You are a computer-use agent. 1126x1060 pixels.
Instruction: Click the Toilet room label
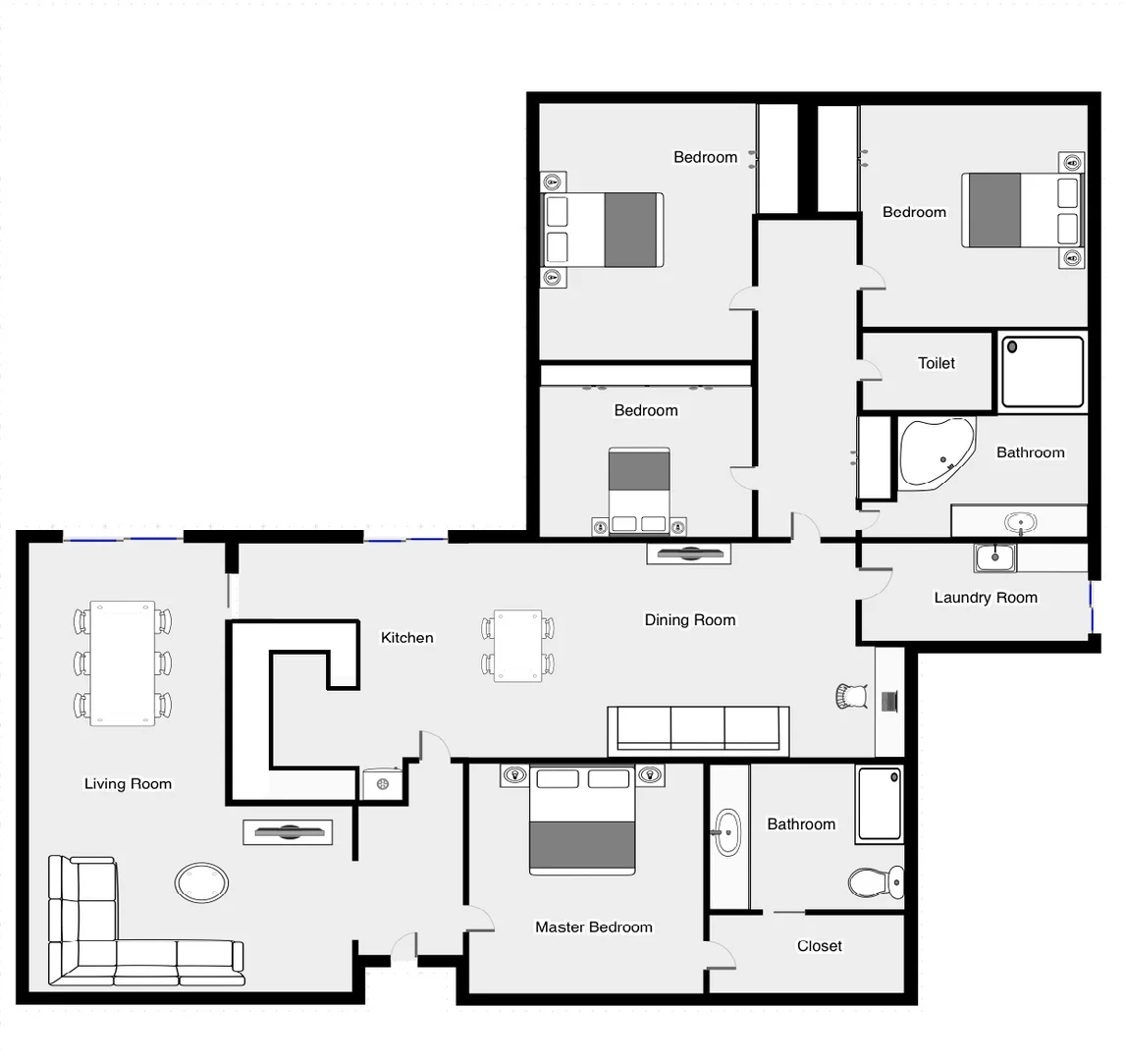[936, 363]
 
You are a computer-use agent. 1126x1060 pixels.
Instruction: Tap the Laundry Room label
[985, 598]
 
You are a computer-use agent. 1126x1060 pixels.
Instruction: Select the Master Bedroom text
[593, 927]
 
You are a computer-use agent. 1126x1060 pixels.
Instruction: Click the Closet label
[819, 946]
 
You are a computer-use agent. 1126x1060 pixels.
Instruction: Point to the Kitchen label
[406, 638]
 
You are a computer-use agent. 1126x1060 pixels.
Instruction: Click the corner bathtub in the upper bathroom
[935, 454]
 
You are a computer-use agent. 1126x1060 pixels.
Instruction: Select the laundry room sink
[994, 557]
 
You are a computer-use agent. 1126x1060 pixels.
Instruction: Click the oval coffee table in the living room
[202, 882]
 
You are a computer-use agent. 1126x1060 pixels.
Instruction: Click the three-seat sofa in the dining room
[698, 731]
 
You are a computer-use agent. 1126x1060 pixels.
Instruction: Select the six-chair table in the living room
[123, 663]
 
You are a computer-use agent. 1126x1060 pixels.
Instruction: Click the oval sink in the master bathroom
[726, 832]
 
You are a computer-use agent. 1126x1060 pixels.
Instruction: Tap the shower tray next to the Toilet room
[1042, 372]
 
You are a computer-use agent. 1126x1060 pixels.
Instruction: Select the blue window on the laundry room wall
[1091, 609]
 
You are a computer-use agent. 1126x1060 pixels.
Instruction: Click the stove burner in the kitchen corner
[382, 784]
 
